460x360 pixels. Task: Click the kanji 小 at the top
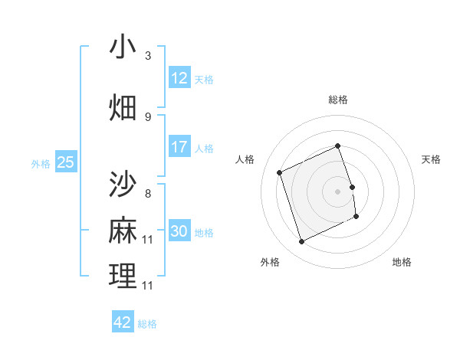tap(123, 47)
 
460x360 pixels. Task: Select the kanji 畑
tap(123, 107)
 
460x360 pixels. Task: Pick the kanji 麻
tap(123, 231)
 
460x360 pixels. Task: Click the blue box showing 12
tap(179, 78)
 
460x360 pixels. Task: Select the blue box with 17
tap(179, 146)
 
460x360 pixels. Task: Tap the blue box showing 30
tap(179, 231)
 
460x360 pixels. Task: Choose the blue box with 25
tap(66, 162)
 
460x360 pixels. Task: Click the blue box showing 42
tap(123, 322)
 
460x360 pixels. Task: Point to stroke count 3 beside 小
tap(148, 56)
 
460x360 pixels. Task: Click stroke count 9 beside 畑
tap(148, 116)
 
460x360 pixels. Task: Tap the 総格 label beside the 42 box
tap(147, 324)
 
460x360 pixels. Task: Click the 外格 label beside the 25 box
tap(41, 163)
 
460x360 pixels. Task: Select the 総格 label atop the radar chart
tap(338, 100)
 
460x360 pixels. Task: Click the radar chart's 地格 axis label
tap(402, 262)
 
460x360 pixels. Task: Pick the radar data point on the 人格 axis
tap(280, 172)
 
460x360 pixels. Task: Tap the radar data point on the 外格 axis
tap(301, 242)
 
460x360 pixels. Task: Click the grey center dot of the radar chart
tap(338, 191)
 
